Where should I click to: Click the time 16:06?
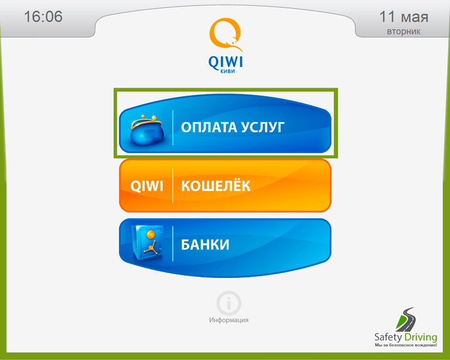pyautogui.click(x=43, y=16)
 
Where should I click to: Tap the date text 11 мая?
pyautogui.click(x=403, y=17)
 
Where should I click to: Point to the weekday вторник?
pyautogui.click(x=403, y=31)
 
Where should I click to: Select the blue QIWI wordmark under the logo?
pyautogui.click(x=226, y=62)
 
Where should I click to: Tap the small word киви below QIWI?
pyautogui.click(x=228, y=71)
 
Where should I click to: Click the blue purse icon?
pyautogui.click(x=147, y=130)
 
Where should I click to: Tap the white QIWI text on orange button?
pyautogui.click(x=147, y=186)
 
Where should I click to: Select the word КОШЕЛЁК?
pyautogui.click(x=215, y=185)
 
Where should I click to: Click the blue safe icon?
pyautogui.click(x=147, y=243)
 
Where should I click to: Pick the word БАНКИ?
pyautogui.click(x=205, y=245)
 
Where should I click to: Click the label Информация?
pyautogui.click(x=229, y=320)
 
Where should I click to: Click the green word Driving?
pyautogui.click(x=421, y=337)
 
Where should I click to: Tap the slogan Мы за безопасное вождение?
pyautogui.click(x=406, y=345)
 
